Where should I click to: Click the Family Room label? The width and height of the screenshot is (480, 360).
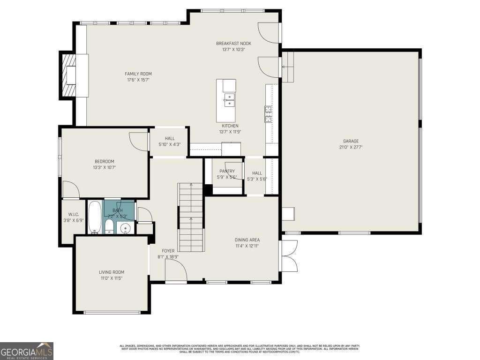[138, 74]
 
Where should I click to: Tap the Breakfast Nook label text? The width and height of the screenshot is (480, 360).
[231, 43]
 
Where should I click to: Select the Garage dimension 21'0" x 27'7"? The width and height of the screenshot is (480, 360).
[351, 147]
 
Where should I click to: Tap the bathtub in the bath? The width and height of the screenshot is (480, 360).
[94, 217]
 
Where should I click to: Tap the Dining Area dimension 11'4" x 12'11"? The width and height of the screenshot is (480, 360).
[247, 246]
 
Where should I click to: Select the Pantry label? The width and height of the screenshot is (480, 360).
[227, 171]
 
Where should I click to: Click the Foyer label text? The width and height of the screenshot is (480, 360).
[168, 251]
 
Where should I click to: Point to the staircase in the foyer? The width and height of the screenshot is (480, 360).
[191, 218]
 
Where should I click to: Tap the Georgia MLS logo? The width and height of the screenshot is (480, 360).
[27, 351]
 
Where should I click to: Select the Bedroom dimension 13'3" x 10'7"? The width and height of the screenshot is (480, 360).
[104, 167]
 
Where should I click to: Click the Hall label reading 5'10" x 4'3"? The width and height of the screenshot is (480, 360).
[170, 144]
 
